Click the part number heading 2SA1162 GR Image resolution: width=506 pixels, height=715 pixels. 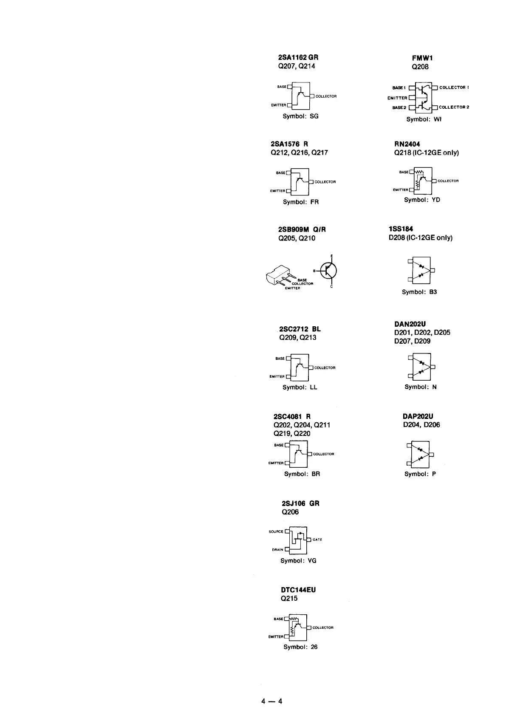[298, 57]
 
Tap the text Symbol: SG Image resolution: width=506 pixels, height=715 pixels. [300, 116]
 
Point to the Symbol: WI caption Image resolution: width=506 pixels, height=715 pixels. [424, 119]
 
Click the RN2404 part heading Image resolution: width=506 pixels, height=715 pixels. [407, 144]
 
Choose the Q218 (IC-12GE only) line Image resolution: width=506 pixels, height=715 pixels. [426, 153]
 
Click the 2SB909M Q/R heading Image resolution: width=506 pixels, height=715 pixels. [302, 229]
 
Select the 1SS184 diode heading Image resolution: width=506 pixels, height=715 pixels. [401, 229]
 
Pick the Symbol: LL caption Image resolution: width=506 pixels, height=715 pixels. [300, 387]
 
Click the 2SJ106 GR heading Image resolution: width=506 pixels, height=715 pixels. [300, 503]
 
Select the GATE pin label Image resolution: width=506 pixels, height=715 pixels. [317, 540]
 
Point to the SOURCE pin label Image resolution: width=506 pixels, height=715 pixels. [276, 531]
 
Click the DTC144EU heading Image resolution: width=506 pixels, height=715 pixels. [298, 590]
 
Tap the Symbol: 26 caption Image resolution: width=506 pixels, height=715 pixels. [300, 647]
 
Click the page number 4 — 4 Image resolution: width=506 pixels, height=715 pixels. [272, 701]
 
